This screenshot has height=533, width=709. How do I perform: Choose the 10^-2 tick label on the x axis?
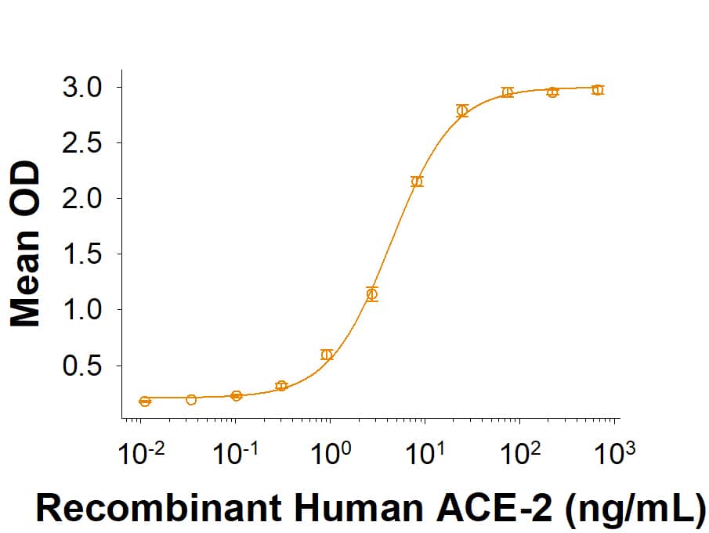tap(140, 452)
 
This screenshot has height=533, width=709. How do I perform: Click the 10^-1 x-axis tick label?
tap(235, 452)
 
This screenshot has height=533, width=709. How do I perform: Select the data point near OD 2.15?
tap(417, 182)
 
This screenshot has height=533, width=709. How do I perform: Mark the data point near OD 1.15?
tap(372, 294)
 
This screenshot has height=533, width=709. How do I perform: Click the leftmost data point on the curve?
tap(145, 402)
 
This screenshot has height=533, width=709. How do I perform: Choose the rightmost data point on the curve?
tap(598, 90)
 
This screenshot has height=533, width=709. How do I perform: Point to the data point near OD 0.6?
tap(327, 355)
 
